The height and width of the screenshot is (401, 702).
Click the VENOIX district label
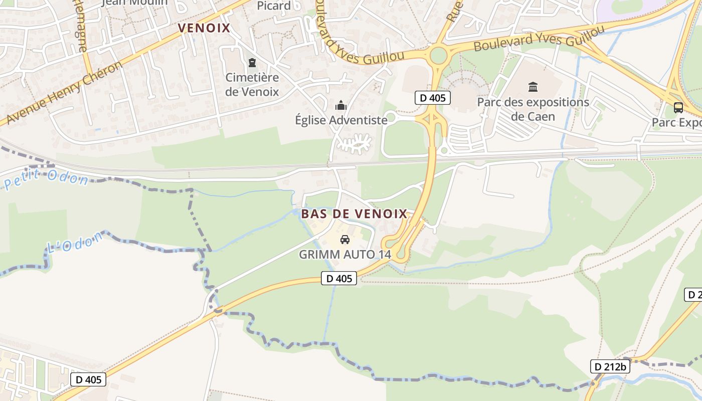[x=204, y=28]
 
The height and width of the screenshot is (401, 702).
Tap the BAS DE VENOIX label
[x=354, y=214]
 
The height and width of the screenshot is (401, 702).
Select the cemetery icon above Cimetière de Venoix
[x=252, y=63]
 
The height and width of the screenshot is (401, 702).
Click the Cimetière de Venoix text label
[x=252, y=85]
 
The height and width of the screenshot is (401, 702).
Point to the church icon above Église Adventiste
[x=341, y=105]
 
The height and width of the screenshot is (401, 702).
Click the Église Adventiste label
[x=341, y=120]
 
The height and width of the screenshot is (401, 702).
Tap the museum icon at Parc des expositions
[x=533, y=87]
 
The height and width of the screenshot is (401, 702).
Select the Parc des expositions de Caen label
[x=533, y=109]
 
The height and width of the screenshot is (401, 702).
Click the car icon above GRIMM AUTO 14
[x=344, y=240]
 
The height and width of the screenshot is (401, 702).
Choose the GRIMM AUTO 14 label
[x=344, y=255]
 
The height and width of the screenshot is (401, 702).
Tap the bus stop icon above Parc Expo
[x=678, y=107]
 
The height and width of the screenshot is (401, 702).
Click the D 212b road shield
[x=609, y=367]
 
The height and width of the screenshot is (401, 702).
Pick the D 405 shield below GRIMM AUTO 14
[x=339, y=279]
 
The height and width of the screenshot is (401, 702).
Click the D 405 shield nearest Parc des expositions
[x=432, y=98]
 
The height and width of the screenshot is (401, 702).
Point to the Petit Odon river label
[x=46, y=179]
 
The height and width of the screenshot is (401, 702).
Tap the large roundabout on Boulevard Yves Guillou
[x=438, y=55]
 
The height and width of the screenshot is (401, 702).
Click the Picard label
[x=274, y=6]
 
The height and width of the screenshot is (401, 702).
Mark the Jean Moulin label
[x=134, y=3]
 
